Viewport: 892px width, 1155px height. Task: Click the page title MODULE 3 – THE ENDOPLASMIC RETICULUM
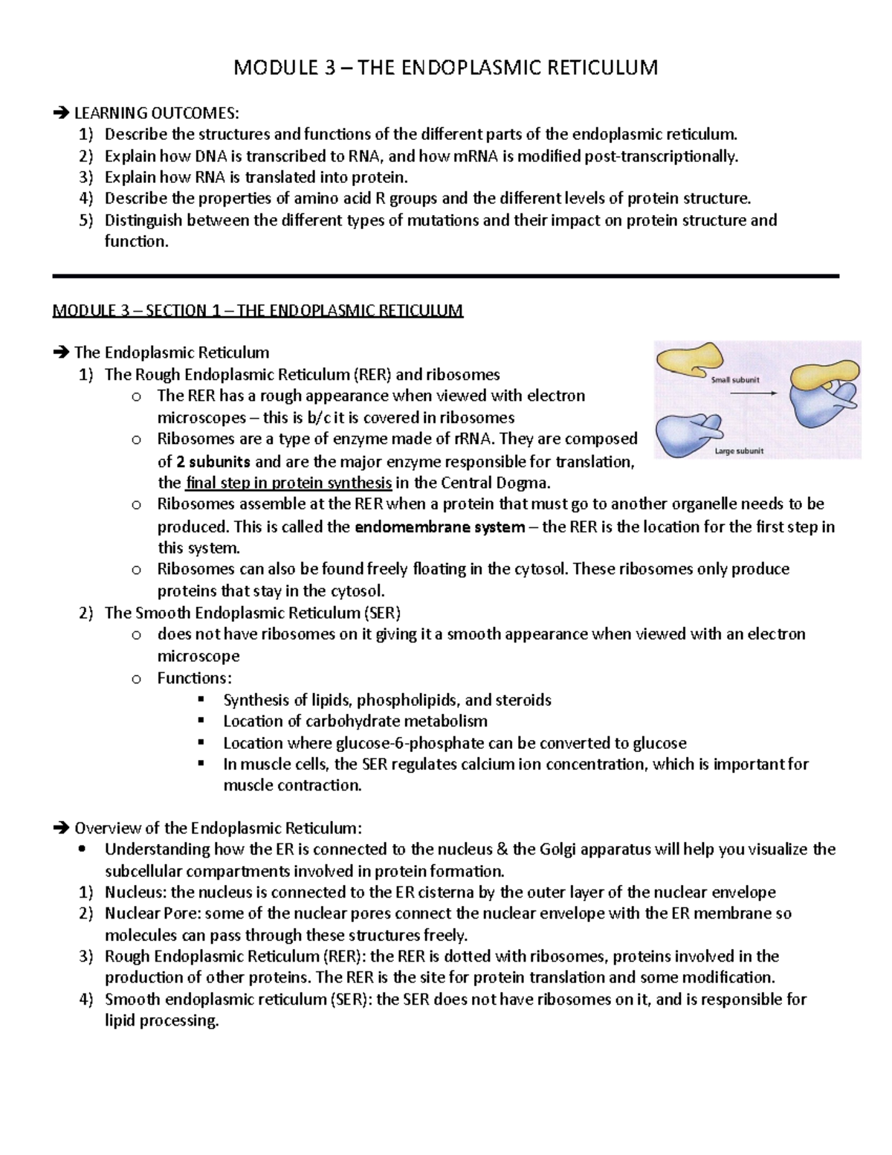(x=446, y=68)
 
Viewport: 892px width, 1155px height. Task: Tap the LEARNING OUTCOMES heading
(x=156, y=113)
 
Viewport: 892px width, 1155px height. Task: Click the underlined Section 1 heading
(x=257, y=310)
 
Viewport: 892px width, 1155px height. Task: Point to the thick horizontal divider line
(x=446, y=276)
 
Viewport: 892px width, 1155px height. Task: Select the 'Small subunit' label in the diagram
(x=735, y=379)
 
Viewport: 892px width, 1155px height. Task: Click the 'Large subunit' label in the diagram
(x=739, y=451)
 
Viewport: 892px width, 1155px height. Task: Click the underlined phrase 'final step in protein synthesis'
(x=288, y=483)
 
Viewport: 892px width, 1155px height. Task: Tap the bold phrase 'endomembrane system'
(x=440, y=527)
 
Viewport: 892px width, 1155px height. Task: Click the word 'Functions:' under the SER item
(x=194, y=678)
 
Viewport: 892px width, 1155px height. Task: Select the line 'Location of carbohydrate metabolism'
(x=355, y=721)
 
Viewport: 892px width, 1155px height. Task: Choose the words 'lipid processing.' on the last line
(x=162, y=1020)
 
